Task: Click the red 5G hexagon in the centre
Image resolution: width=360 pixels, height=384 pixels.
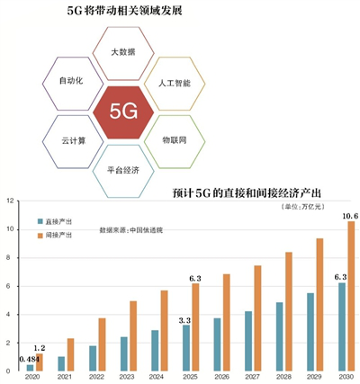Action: point(123,112)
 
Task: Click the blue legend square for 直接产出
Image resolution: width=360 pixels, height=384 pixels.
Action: point(40,221)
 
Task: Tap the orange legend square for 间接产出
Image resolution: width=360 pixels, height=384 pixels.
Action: point(40,236)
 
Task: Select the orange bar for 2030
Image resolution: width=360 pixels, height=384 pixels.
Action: point(351,296)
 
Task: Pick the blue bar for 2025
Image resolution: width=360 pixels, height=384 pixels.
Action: point(186,348)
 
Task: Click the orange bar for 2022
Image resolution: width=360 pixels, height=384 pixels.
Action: point(102,344)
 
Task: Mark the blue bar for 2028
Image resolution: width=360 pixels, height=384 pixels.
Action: point(279,336)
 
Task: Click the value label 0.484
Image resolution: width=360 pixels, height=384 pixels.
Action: point(30,359)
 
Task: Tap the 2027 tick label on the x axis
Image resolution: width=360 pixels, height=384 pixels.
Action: point(253,377)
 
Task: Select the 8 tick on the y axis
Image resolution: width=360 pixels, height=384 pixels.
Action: point(12,258)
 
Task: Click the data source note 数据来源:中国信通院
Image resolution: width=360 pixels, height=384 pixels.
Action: point(131,230)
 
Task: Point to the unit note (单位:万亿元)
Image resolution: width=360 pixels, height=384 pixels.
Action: point(303,207)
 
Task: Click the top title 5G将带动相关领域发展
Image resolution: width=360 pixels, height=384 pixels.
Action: point(124,11)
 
